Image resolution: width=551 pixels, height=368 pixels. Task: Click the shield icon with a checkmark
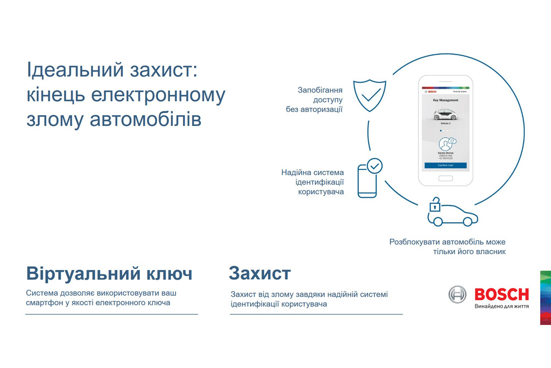[370, 95]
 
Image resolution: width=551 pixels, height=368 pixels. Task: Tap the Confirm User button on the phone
[446, 165]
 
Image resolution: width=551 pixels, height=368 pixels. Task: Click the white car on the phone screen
[445, 114]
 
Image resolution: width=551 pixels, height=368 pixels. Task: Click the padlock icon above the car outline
[434, 205]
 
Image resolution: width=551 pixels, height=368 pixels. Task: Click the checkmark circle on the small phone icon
[375, 166]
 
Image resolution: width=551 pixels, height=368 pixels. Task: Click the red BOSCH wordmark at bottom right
[501, 294]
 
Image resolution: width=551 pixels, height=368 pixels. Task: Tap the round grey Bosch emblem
[458, 294]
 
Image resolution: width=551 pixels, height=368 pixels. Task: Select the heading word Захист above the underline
[259, 273]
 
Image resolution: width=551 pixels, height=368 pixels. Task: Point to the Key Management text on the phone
[446, 100]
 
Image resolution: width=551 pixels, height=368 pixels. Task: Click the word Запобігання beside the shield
[320, 90]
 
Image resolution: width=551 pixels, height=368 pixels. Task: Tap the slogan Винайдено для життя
[501, 307]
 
